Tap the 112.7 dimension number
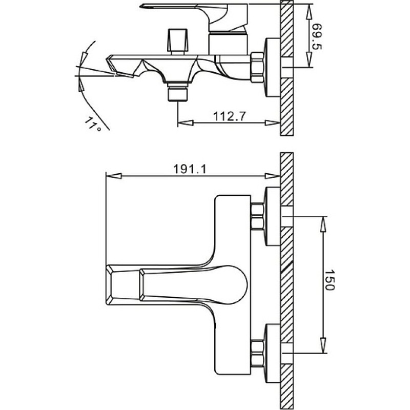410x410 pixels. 230,116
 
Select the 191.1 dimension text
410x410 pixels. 190,169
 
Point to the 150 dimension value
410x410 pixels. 329,280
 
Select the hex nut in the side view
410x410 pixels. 257,68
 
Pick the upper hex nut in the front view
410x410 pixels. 257,217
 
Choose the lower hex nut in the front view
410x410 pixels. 257,353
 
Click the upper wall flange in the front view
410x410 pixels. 273,216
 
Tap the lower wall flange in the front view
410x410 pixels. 273,354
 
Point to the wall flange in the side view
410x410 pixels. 273,68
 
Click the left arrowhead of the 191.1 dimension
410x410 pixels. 114,176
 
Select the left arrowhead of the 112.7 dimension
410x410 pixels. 186,123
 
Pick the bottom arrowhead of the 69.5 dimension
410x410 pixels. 309,59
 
